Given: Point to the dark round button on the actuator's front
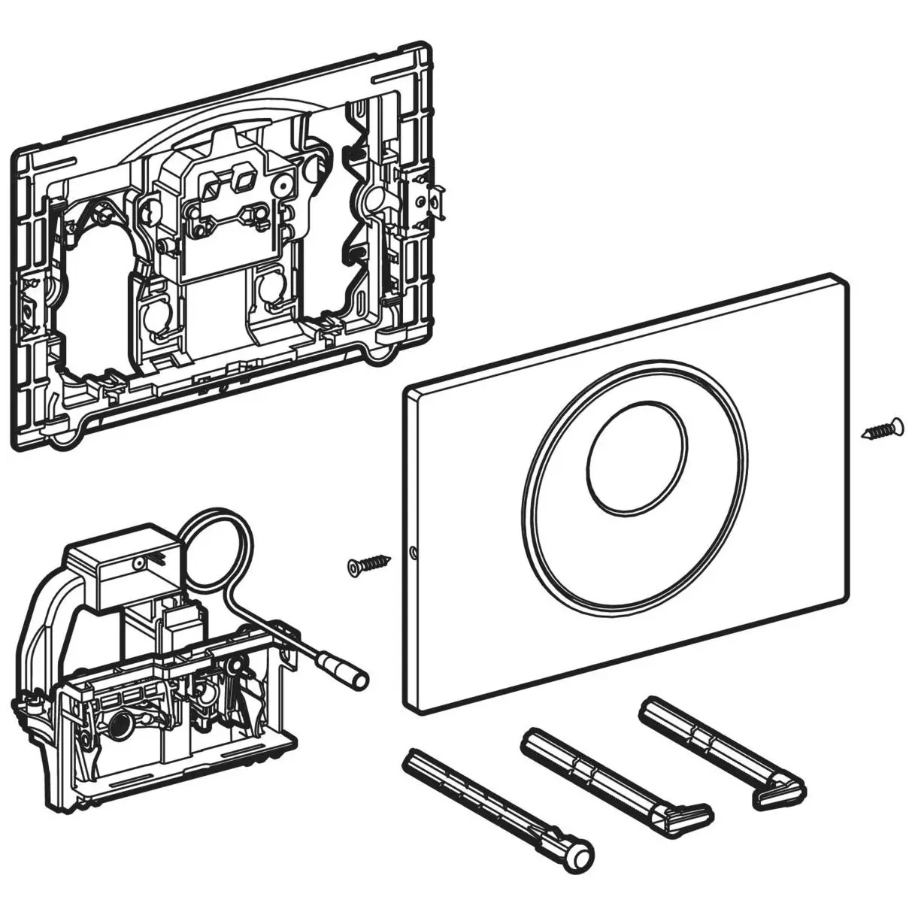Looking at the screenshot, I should coord(119,727).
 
